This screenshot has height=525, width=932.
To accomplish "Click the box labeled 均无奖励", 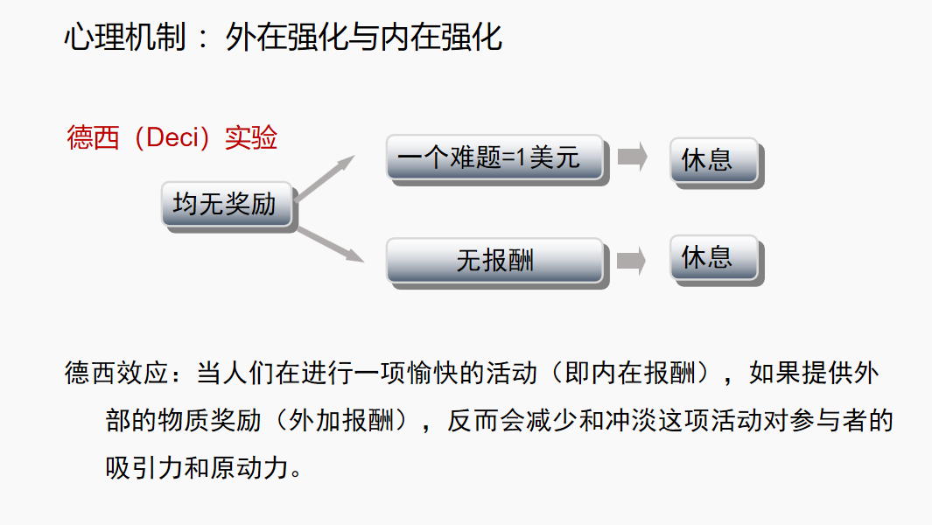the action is (x=226, y=204).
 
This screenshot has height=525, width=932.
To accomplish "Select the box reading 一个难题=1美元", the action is (x=494, y=157).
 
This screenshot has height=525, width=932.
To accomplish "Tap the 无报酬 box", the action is (x=494, y=260).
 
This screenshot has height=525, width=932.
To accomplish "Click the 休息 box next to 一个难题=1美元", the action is (x=713, y=160).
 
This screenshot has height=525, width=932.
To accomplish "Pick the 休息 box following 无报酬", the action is (x=713, y=258).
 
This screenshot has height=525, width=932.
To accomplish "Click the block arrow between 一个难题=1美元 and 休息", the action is (x=632, y=157).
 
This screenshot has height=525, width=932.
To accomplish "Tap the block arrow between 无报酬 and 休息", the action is (x=632, y=260).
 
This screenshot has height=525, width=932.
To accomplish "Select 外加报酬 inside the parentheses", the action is (x=341, y=420).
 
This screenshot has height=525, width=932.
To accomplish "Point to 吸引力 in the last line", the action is (x=144, y=466).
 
